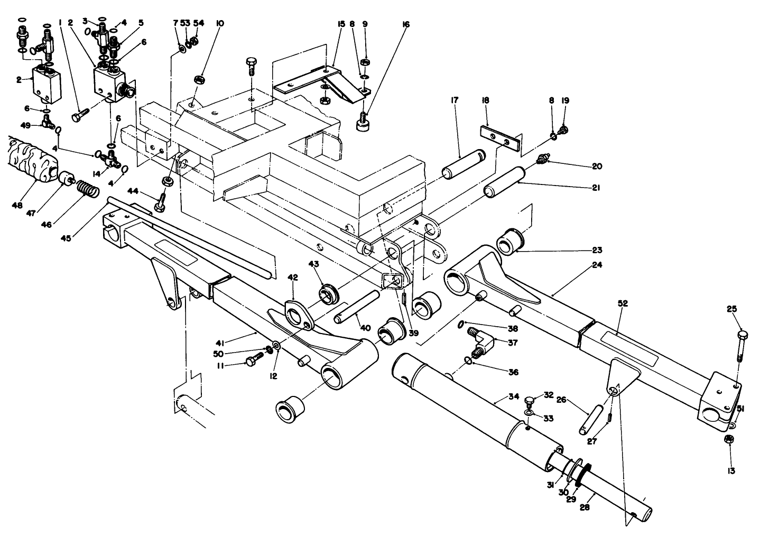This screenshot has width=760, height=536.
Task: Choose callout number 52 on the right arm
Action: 623,303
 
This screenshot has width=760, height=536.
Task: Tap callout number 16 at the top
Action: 405,24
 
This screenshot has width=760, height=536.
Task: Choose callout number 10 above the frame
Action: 220,23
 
